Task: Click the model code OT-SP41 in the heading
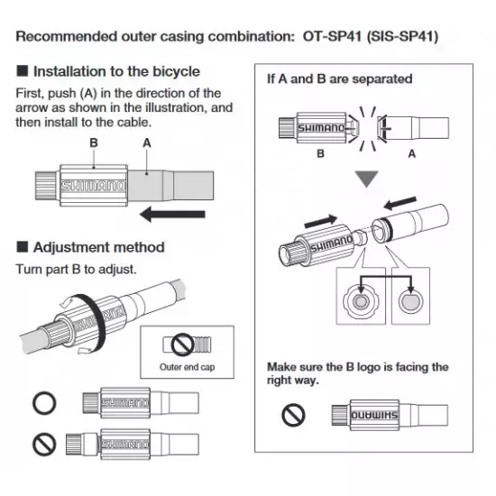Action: click(332, 36)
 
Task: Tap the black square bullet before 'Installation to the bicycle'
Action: click(23, 71)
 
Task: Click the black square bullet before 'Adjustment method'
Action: click(23, 247)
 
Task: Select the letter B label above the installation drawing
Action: click(94, 142)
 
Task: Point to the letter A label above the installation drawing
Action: click(147, 143)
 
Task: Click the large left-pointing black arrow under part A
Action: click(172, 214)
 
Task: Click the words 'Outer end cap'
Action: click(188, 367)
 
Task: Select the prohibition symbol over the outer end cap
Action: click(182, 344)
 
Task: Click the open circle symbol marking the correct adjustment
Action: click(44, 403)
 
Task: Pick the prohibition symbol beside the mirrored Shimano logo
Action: click(293, 415)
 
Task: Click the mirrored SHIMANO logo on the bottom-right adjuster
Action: click(374, 415)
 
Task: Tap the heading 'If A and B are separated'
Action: click(339, 78)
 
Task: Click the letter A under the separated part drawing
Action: click(411, 153)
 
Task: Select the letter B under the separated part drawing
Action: click(321, 153)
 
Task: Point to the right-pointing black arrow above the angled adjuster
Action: click(321, 221)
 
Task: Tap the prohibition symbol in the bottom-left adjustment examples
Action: click(44, 444)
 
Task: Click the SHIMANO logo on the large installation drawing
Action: click(93, 186)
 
